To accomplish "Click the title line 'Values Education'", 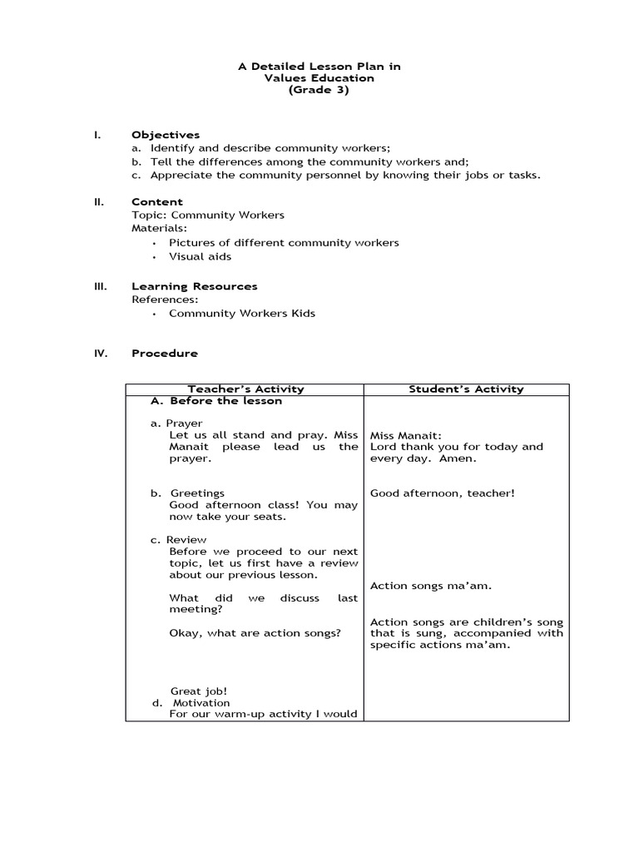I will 319,78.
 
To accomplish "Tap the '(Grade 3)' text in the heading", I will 319,91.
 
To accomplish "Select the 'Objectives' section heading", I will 166,135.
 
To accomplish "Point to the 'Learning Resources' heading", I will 194,286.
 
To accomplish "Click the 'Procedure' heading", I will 165,354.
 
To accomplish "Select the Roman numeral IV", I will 100,354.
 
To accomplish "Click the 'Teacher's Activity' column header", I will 245,389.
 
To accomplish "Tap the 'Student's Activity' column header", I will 466,389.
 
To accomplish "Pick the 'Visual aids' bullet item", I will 200,257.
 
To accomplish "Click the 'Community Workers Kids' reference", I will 241,314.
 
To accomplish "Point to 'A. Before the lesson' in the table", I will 216,401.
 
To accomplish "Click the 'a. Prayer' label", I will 176,424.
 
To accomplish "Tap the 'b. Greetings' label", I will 188,493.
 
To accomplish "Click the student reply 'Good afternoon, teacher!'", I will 442,493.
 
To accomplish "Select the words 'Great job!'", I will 199,691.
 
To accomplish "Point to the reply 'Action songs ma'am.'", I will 430,587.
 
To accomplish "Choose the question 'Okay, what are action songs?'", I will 255,633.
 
